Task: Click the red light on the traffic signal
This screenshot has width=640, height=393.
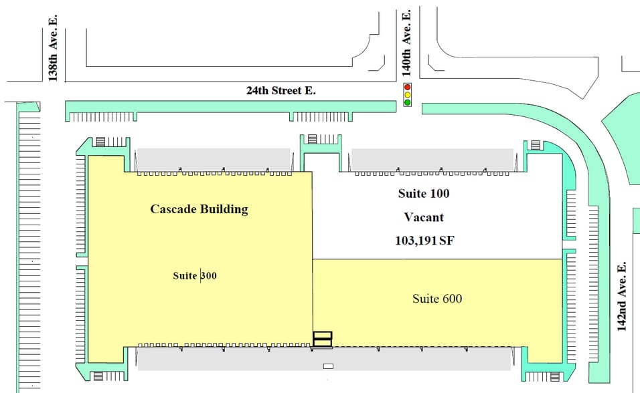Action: tap(407, 88)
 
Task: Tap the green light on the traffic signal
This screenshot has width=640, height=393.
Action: tap(407, 103)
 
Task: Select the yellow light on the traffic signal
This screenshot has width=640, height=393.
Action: tap(407, 95)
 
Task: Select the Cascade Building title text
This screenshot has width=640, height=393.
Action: tap(199, 209)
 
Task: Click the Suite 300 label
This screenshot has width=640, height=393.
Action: tap(195, 275)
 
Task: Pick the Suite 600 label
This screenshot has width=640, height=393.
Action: tap(437, 298)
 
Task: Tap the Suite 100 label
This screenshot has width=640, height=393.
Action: tap(424, 194)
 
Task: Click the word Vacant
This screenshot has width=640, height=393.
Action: tap(424, 217)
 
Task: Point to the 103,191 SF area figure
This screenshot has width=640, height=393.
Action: tap(424, 241)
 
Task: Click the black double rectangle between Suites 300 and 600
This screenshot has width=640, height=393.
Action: tap(323, 339)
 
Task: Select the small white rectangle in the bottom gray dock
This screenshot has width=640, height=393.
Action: tap(328, 366)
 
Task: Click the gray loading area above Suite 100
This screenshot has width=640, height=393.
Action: tap(432, 159)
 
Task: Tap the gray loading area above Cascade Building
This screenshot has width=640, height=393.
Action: tap(214, 159)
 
